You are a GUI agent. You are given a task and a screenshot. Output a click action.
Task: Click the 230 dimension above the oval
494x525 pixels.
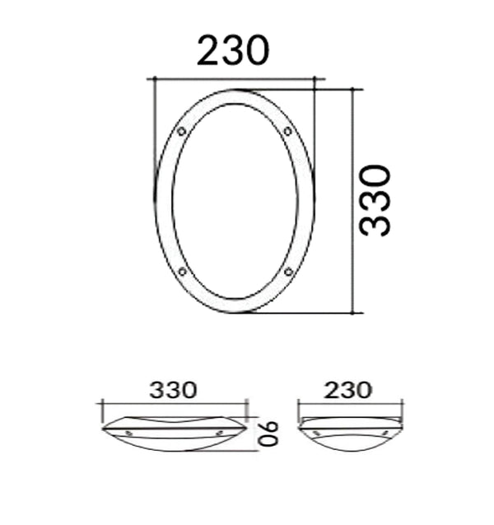(x=233, y=52)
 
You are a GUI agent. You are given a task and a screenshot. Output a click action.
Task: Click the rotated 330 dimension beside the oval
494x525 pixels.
(x=375, y=201)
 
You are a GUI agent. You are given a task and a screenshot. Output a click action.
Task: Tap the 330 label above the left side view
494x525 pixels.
(x=173, y=390)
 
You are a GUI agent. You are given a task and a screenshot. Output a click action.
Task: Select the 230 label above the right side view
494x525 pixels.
(x=348, y=390)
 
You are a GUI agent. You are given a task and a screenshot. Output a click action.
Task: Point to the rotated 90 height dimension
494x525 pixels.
(x=270, y=432)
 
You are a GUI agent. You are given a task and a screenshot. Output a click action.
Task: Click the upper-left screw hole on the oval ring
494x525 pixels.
(x=181, y=131)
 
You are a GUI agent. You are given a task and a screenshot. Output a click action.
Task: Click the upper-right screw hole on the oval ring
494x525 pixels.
(x=287, y=131)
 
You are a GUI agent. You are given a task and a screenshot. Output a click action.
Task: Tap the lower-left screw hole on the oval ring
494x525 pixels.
(x=181, y=272)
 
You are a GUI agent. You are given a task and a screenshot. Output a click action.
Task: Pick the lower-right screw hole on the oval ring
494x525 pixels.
(x=288, y=272)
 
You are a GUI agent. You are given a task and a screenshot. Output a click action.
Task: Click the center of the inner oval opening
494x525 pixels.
(x=235, y=201)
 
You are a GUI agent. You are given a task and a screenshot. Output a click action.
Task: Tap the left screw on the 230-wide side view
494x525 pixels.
(x=314, y=431)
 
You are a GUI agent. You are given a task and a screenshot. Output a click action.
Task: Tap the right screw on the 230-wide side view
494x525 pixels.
(x=384, y=431)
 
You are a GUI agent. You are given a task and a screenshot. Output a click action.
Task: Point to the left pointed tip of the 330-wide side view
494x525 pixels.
(x=104, y=428)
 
